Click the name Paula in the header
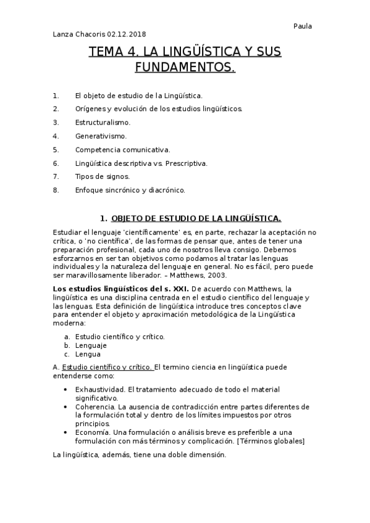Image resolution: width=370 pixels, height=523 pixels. [x=302, y=26]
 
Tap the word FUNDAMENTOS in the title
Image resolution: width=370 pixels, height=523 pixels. [x=185, y=67]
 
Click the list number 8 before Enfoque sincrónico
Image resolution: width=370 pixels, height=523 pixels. [x=56, y=190]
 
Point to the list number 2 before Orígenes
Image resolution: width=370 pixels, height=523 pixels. [x=56, y=109]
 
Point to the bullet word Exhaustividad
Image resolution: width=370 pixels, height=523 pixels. [x=100, y=390]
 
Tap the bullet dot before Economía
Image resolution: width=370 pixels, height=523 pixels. [x=66, y=432]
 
